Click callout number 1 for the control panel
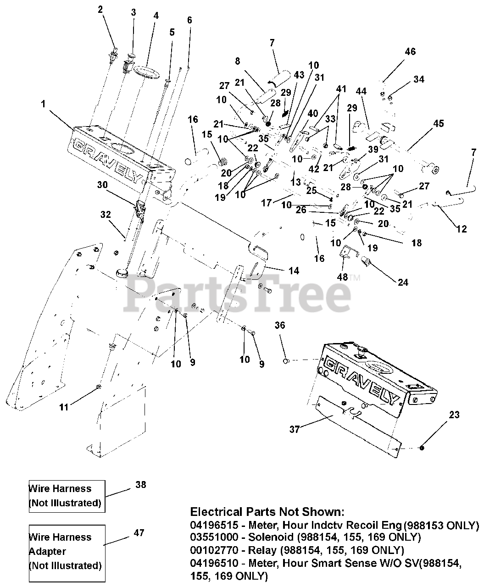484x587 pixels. click(43, 104)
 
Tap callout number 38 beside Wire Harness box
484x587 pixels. click(141, 484)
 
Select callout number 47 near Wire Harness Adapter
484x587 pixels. click(139, 532)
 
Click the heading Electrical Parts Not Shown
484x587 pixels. click(267, 511)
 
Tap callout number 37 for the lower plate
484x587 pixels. click(295, 429)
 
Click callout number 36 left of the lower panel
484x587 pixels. click(280, 326)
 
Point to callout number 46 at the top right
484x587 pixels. click(410, 51)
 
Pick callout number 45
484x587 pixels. click(439, 123)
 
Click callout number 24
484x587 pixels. click(403, 282)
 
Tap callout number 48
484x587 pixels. click(342, 277)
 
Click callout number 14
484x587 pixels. click(294, 271)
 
